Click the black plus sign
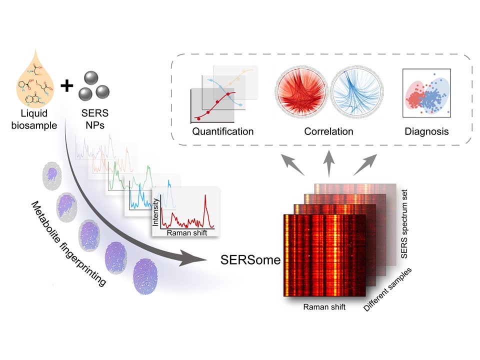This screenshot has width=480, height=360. pos(66,85)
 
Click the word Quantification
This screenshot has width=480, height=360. pos(223,131)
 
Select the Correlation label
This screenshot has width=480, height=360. pos(328,131)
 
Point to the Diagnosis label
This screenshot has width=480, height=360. pos(426,131)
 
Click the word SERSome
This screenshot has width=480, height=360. pos(250,260)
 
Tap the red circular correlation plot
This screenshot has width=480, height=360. pos(301,91)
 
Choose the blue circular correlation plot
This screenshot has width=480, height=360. pos(356,91)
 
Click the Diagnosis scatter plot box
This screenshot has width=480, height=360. pos(426,93)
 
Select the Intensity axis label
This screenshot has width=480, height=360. pos(155,212)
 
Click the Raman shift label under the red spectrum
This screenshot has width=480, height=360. pos(186,233)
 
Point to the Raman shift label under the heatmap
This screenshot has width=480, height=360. pos(324,306)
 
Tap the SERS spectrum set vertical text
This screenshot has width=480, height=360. pos(404,224)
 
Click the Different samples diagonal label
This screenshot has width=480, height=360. pos(387,289)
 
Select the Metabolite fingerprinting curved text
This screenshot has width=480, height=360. pos(68,243)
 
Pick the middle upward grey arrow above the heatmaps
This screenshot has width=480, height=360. pos(329,164)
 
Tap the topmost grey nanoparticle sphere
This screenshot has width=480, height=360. pos(91,78)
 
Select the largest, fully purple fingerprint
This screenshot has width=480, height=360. pos(145,276)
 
